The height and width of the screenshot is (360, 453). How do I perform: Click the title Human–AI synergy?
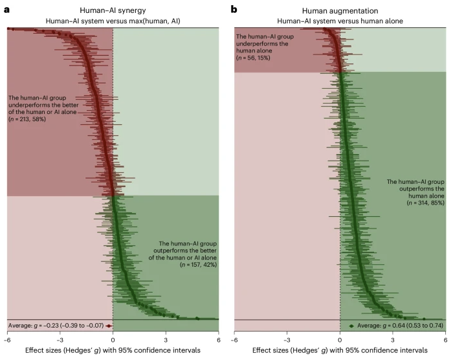tap(113, 9)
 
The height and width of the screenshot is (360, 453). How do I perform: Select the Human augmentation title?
tap(340, 9)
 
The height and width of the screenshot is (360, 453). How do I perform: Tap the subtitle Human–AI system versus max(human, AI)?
tap(113, 21)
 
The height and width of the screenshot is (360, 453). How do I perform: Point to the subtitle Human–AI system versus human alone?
tap(340, 21)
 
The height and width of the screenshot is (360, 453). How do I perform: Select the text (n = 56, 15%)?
tap(258, 58)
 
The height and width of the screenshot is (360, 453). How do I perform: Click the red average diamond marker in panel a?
tap(109, 326)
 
